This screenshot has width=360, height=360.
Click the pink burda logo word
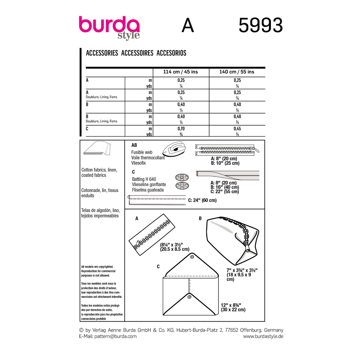[109, 25]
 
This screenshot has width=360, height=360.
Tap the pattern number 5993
[261, 25]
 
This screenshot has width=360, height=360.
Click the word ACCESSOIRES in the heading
[137, 53]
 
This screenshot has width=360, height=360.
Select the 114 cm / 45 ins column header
[180, 72]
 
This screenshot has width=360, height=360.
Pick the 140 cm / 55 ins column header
[237, 72]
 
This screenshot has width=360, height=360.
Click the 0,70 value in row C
[181, 129]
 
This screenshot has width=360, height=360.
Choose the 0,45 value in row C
[237, 129]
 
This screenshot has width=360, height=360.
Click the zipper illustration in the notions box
[227, 150]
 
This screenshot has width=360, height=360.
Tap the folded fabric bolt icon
[97, 148]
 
